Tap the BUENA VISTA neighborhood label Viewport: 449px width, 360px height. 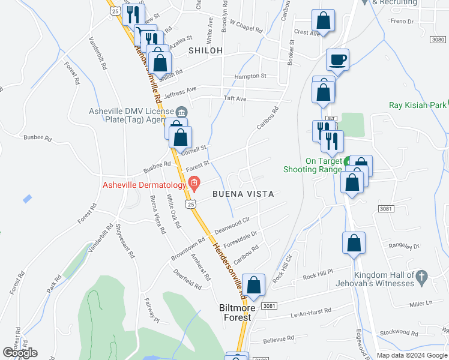click(x=243, y=194)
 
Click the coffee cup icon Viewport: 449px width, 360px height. click(x=337, y=60)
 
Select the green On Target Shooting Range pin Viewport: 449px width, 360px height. click(x=348, y=161)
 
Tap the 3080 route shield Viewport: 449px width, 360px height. click(x=438, y=39)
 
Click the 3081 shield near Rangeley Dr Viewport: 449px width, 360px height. click(x=386, y=208)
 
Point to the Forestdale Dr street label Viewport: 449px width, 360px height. click(x=240, y=239)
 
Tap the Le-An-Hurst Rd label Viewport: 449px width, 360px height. click(x=311, y=311)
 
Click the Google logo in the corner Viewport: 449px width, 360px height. click(x=20, y=353)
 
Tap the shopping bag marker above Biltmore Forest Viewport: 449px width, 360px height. click(x=255, y=286)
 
